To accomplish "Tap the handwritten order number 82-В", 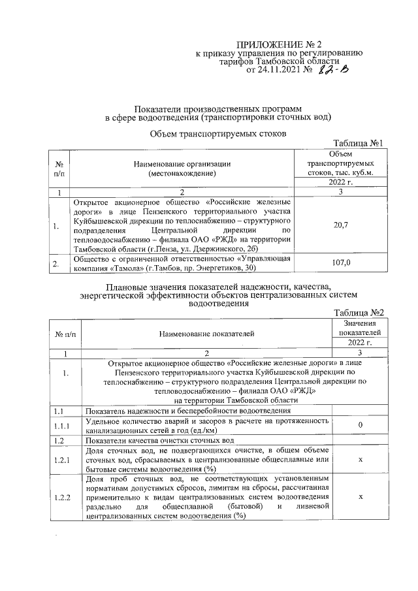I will point(334,70).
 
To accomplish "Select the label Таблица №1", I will point(357,143).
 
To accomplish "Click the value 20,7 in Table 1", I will point(340,225).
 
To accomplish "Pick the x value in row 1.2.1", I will point(361,460).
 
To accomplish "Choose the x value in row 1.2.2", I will point(361,497).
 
